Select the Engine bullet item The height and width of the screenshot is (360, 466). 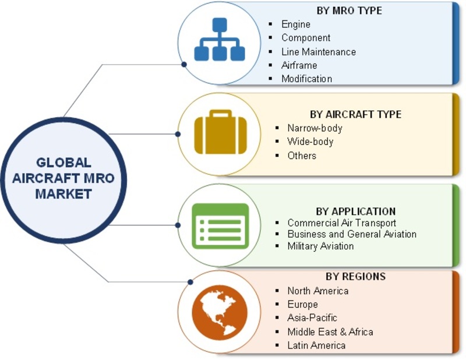point(296,24)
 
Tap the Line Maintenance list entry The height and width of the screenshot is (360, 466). point(318,51)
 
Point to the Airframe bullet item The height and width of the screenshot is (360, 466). point(300,65)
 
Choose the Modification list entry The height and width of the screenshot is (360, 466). point(306,79)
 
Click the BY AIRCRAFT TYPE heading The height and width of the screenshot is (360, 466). point(355,114)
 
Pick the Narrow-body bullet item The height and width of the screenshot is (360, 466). point(315,128)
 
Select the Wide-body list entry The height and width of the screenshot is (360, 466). point(310,142)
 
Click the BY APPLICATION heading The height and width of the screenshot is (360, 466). point(355,211)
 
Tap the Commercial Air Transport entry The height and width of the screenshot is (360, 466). point(341,223)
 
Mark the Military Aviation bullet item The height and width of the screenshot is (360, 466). point(320,246)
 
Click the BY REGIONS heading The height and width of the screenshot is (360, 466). point(355,276)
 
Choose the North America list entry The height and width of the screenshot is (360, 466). point(317,291)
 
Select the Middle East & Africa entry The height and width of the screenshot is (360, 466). point(330,331)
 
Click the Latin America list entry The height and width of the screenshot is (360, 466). point(316,345)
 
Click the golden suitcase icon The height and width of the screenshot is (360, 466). point(220,134)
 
